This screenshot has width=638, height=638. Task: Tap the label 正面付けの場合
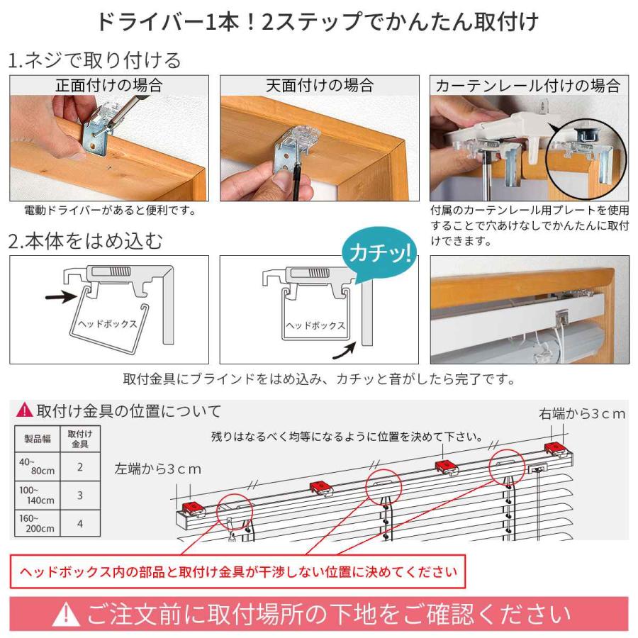[x=109, y=86]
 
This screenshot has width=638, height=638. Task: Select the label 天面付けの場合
[x=319, y=86]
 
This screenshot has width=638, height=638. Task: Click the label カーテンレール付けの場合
[x=528, y=86]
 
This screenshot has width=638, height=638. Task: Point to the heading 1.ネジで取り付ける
[x=94, y=60]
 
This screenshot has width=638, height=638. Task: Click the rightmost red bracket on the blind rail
[x=554, y=447]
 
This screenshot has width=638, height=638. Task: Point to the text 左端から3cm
[x=158, y=469]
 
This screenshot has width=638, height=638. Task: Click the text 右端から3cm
[x=581, y=413]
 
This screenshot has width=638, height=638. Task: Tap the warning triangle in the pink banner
[x=66, y=615]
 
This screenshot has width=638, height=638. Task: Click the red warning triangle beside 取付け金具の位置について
[x=24, y=410]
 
